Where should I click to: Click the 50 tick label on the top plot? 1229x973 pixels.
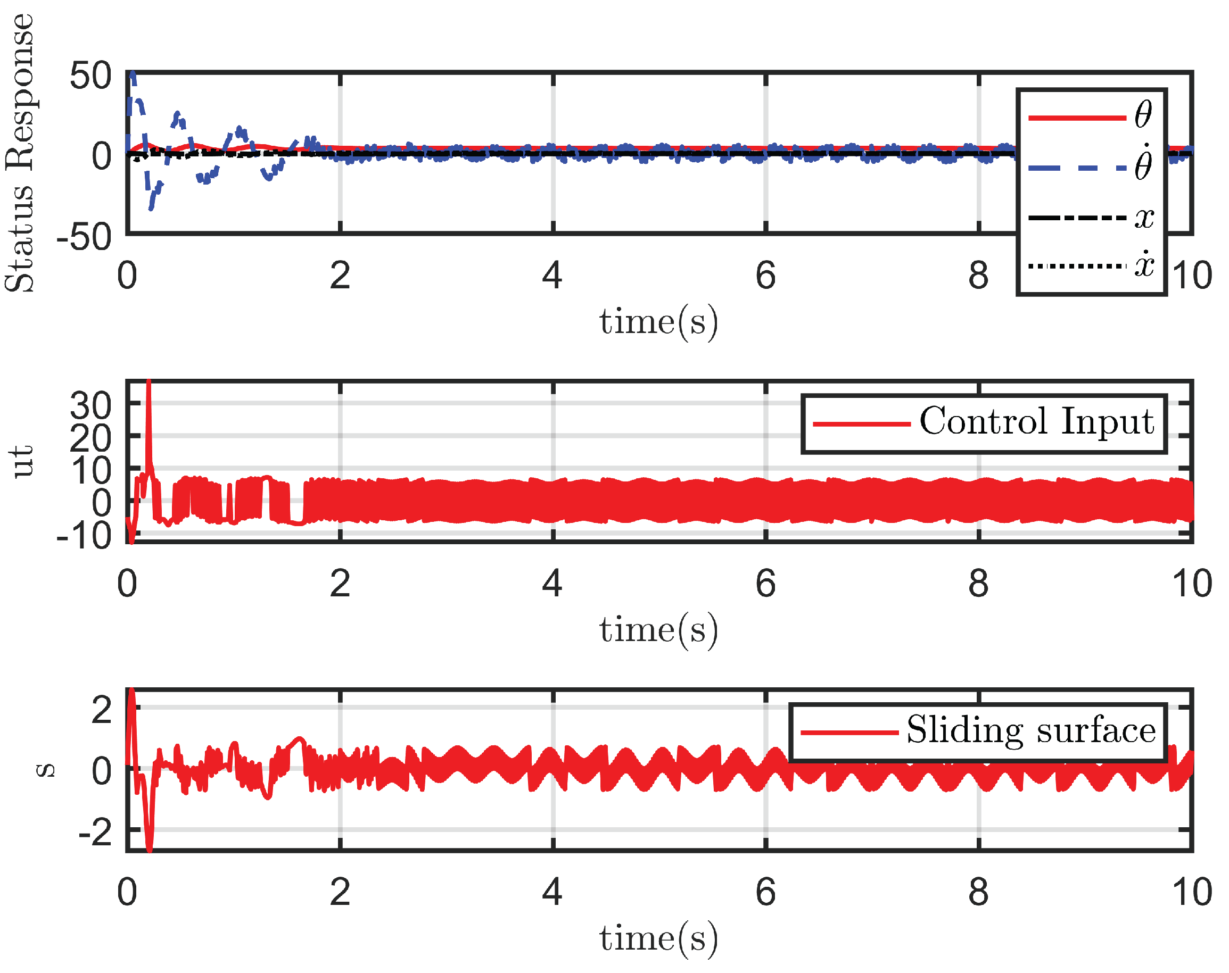point(90,76)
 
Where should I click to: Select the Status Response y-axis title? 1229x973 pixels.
point(19,153)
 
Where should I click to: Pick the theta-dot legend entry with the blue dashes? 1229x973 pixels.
point(1091,167)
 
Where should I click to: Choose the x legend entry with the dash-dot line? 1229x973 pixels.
point(1091,217)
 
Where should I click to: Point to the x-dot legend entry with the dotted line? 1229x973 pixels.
point(1091,265)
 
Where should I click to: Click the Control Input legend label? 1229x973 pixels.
point(1036,421)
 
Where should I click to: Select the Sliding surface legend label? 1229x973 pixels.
point(1030,730)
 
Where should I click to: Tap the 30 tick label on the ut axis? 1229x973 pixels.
point(90,406)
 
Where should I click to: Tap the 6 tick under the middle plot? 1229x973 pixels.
point(765,584)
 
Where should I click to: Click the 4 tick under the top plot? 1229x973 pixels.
point(552,276)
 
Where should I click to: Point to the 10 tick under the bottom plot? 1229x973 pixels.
point(1191,892)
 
